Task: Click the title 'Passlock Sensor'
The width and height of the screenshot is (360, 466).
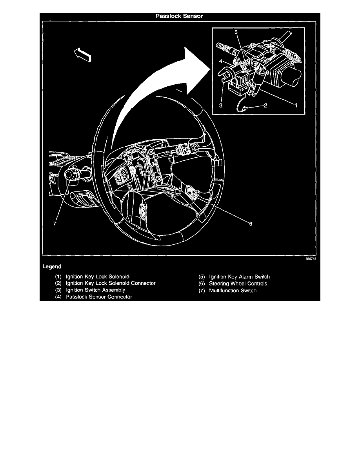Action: pos(180,16)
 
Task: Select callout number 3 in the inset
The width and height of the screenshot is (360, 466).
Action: pos(221,106)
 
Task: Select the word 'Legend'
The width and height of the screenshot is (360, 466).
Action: pos(51,266)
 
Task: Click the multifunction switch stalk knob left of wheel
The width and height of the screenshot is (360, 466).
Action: pos(73,173)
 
